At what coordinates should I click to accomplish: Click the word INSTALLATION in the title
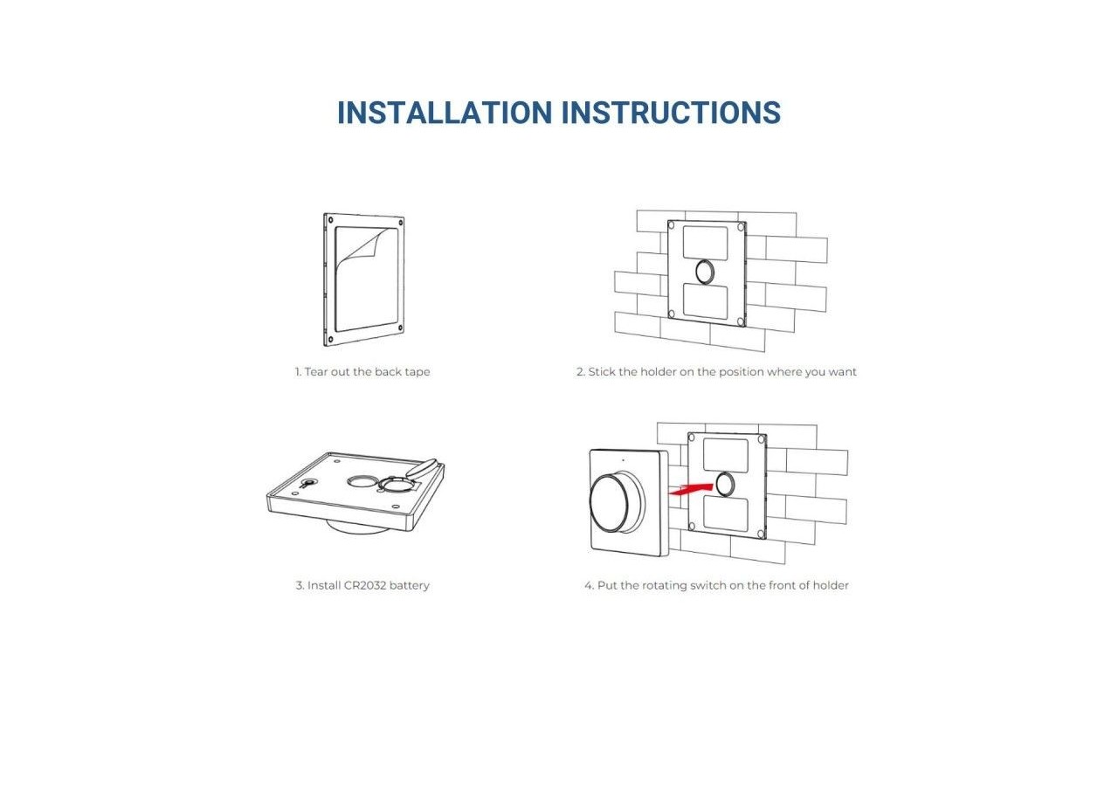[444, 114]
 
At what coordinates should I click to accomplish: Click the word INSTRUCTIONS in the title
[670, 114]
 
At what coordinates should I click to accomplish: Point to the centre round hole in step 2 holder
[706, 272]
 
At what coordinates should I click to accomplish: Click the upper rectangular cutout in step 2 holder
[705, 241]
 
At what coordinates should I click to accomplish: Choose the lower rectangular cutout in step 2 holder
[706, 302]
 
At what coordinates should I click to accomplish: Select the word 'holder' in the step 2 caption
[658, 372]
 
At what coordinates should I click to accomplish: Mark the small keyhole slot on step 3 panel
[307, 482]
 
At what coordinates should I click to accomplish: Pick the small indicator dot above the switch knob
[623, 459]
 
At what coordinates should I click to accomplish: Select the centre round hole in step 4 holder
[726, 483]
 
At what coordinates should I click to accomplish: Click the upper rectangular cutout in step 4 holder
[726, 455]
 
